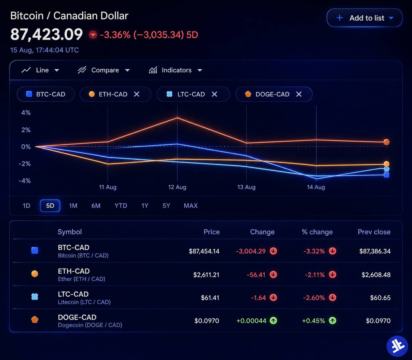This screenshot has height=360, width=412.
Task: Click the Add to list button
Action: tap(364, 18)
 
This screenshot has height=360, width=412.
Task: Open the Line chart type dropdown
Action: tap(41, 70)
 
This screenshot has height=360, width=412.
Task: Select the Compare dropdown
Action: tap(104, 70)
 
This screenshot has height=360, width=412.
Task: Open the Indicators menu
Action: tap(175, 70)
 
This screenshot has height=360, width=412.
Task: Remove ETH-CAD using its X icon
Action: tap(137, 94)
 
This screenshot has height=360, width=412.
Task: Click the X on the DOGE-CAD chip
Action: tap(299, 94)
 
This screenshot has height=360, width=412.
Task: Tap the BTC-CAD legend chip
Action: tap(46, 94)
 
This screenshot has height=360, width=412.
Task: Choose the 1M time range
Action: tap(73, 206)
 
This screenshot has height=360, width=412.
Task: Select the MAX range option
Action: tap(190, 206)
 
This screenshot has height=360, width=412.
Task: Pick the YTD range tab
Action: tap(121, 206)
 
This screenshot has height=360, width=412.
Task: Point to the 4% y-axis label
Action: tap(26, 113)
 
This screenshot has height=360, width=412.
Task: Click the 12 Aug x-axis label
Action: tap(177, 187)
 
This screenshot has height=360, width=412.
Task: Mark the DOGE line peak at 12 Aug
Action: tap(177, 118)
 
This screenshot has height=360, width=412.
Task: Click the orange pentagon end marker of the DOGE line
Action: tap(386, 142)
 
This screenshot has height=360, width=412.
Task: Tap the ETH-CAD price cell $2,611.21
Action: tap(206, 275)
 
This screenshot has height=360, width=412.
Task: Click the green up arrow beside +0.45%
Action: tap(332, 320)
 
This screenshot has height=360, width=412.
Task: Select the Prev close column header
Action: tap(374, 232)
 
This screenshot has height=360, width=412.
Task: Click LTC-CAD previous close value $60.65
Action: tap(380, 298)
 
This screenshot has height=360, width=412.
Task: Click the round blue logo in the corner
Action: tap(397, 346)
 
